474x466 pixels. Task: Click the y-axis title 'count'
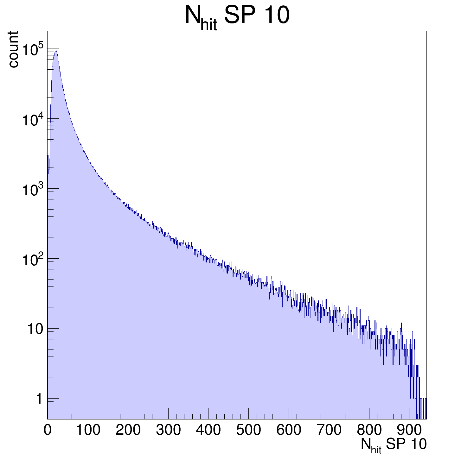pos(13,49)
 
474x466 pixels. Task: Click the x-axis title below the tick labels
pos(394,445)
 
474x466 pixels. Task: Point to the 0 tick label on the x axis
pos(48,430)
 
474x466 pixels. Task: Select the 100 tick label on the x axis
pos(88,430)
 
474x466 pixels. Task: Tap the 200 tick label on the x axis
pos(128,430)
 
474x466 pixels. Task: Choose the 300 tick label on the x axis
pos(168,430)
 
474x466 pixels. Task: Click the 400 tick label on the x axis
pos(208,430)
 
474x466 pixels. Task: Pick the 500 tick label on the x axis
pos(248,430)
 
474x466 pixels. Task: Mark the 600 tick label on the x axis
pos(289,430)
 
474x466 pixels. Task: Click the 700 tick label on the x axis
pos(329,430)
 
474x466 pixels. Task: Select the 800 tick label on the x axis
pos(369,430)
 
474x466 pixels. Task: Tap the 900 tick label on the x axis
pos(409,430)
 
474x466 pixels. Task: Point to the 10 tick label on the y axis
pos(35,329)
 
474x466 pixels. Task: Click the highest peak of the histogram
pos(56,51)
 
